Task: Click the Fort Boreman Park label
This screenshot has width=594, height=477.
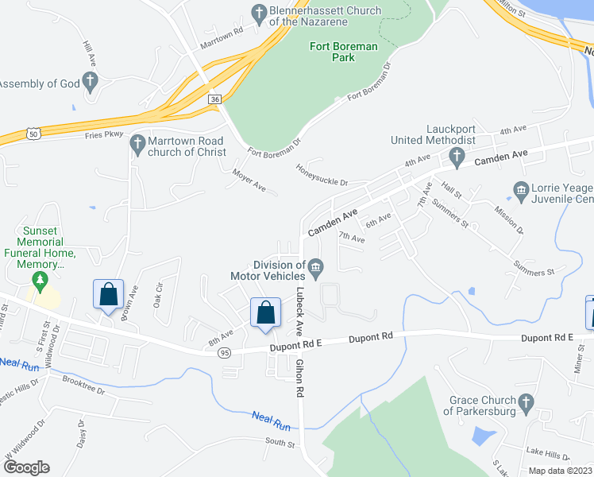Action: click(x=342, y=52)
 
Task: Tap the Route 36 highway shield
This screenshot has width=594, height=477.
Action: click(x=214, y=99)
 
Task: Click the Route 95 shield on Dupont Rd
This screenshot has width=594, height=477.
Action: click(x=226, y=351)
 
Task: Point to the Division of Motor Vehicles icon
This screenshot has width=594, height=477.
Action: click(x=316, y=266)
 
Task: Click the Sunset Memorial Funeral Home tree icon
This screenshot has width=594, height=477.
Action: click(x=38, y=281)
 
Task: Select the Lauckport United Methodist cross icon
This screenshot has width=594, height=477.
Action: click(x=456, y=156)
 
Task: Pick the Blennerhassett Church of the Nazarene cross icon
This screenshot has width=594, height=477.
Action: click(x=258, y=12)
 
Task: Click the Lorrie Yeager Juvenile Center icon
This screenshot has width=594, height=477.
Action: click(x=521, y=189)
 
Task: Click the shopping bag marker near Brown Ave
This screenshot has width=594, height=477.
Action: click(x=109, y=294)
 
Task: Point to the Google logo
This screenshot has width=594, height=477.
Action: click(x=25, y=467)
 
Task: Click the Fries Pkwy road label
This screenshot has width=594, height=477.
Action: click(x=104, y=134)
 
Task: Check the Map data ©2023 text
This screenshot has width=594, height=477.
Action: click(x=559, y=471)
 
